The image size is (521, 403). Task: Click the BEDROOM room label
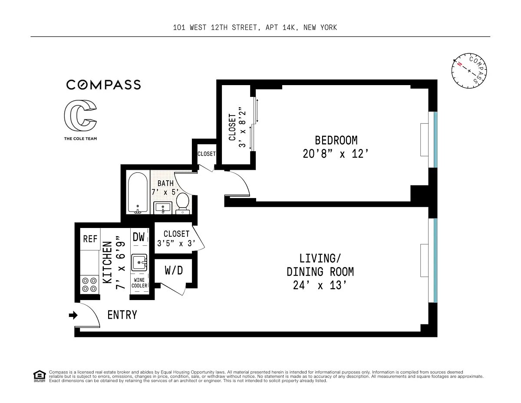click(336, 141)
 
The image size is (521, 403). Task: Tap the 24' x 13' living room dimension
click(320, 285)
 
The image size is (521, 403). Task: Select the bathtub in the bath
click(138, 193)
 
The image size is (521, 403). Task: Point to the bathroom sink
click(162, 208)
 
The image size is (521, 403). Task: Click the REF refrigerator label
click(90, 239)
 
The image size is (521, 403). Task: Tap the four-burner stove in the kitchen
click(89, 284)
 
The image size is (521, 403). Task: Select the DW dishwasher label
click(138, 237)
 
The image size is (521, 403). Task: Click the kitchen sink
click(139, 262)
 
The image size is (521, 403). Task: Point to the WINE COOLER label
click(139, 283)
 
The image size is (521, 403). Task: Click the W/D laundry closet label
click(174, 271)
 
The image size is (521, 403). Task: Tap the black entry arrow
click(73, 315)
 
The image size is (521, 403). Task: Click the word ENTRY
click(122, 315)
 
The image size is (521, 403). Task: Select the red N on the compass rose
click(459, 64)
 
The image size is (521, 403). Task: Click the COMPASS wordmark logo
click(103, 85)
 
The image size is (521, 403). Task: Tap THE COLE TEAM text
click(80, 139)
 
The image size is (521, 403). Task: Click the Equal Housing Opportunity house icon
click(40, 376)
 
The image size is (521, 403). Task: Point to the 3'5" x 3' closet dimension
click(176, 244)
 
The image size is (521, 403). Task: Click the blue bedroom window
click(435, 139)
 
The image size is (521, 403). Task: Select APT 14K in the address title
click(281, 27)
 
